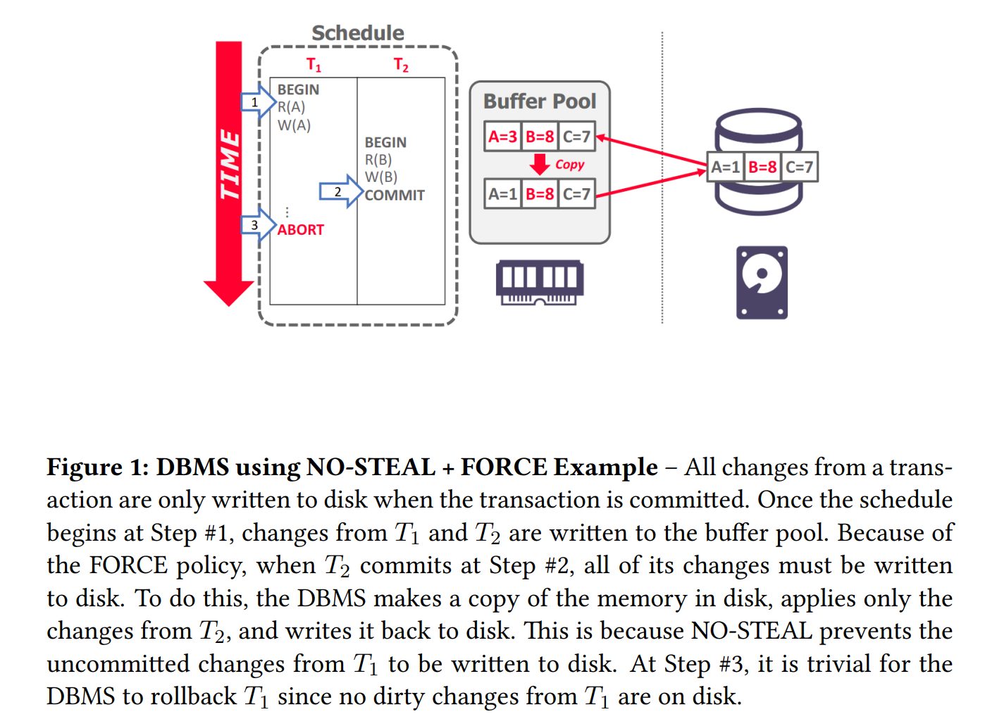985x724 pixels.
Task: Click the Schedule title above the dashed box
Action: click(x=357, y=33)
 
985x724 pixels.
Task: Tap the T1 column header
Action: click(x=314, y=65)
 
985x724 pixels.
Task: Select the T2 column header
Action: click(x=400, y=65)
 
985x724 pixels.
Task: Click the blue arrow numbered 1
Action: click(x=258, y=102)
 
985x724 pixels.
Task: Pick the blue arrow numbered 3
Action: click(x=258, y=225)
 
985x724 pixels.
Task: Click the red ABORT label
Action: click(x=301, y=230)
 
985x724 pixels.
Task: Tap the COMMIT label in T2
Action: click(x=395, y=195)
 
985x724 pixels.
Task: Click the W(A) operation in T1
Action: click(x=294, y=125)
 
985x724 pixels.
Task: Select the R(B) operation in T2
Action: click(x=378, y=160)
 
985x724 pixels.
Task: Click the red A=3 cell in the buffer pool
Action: click(x=503, y=137)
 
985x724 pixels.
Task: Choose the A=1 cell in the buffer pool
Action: click(x=503, y=194)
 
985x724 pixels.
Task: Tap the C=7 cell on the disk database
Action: click(x=799, y=167)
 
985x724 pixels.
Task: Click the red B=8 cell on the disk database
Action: click(x=762, y=167)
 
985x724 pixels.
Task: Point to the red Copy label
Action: click(x=569, y=165)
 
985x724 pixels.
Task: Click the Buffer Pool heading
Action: click(x=540, y=102)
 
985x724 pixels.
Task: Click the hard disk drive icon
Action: click(x=762, y=283)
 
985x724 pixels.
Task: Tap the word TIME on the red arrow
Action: click(x=229, y=165)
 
